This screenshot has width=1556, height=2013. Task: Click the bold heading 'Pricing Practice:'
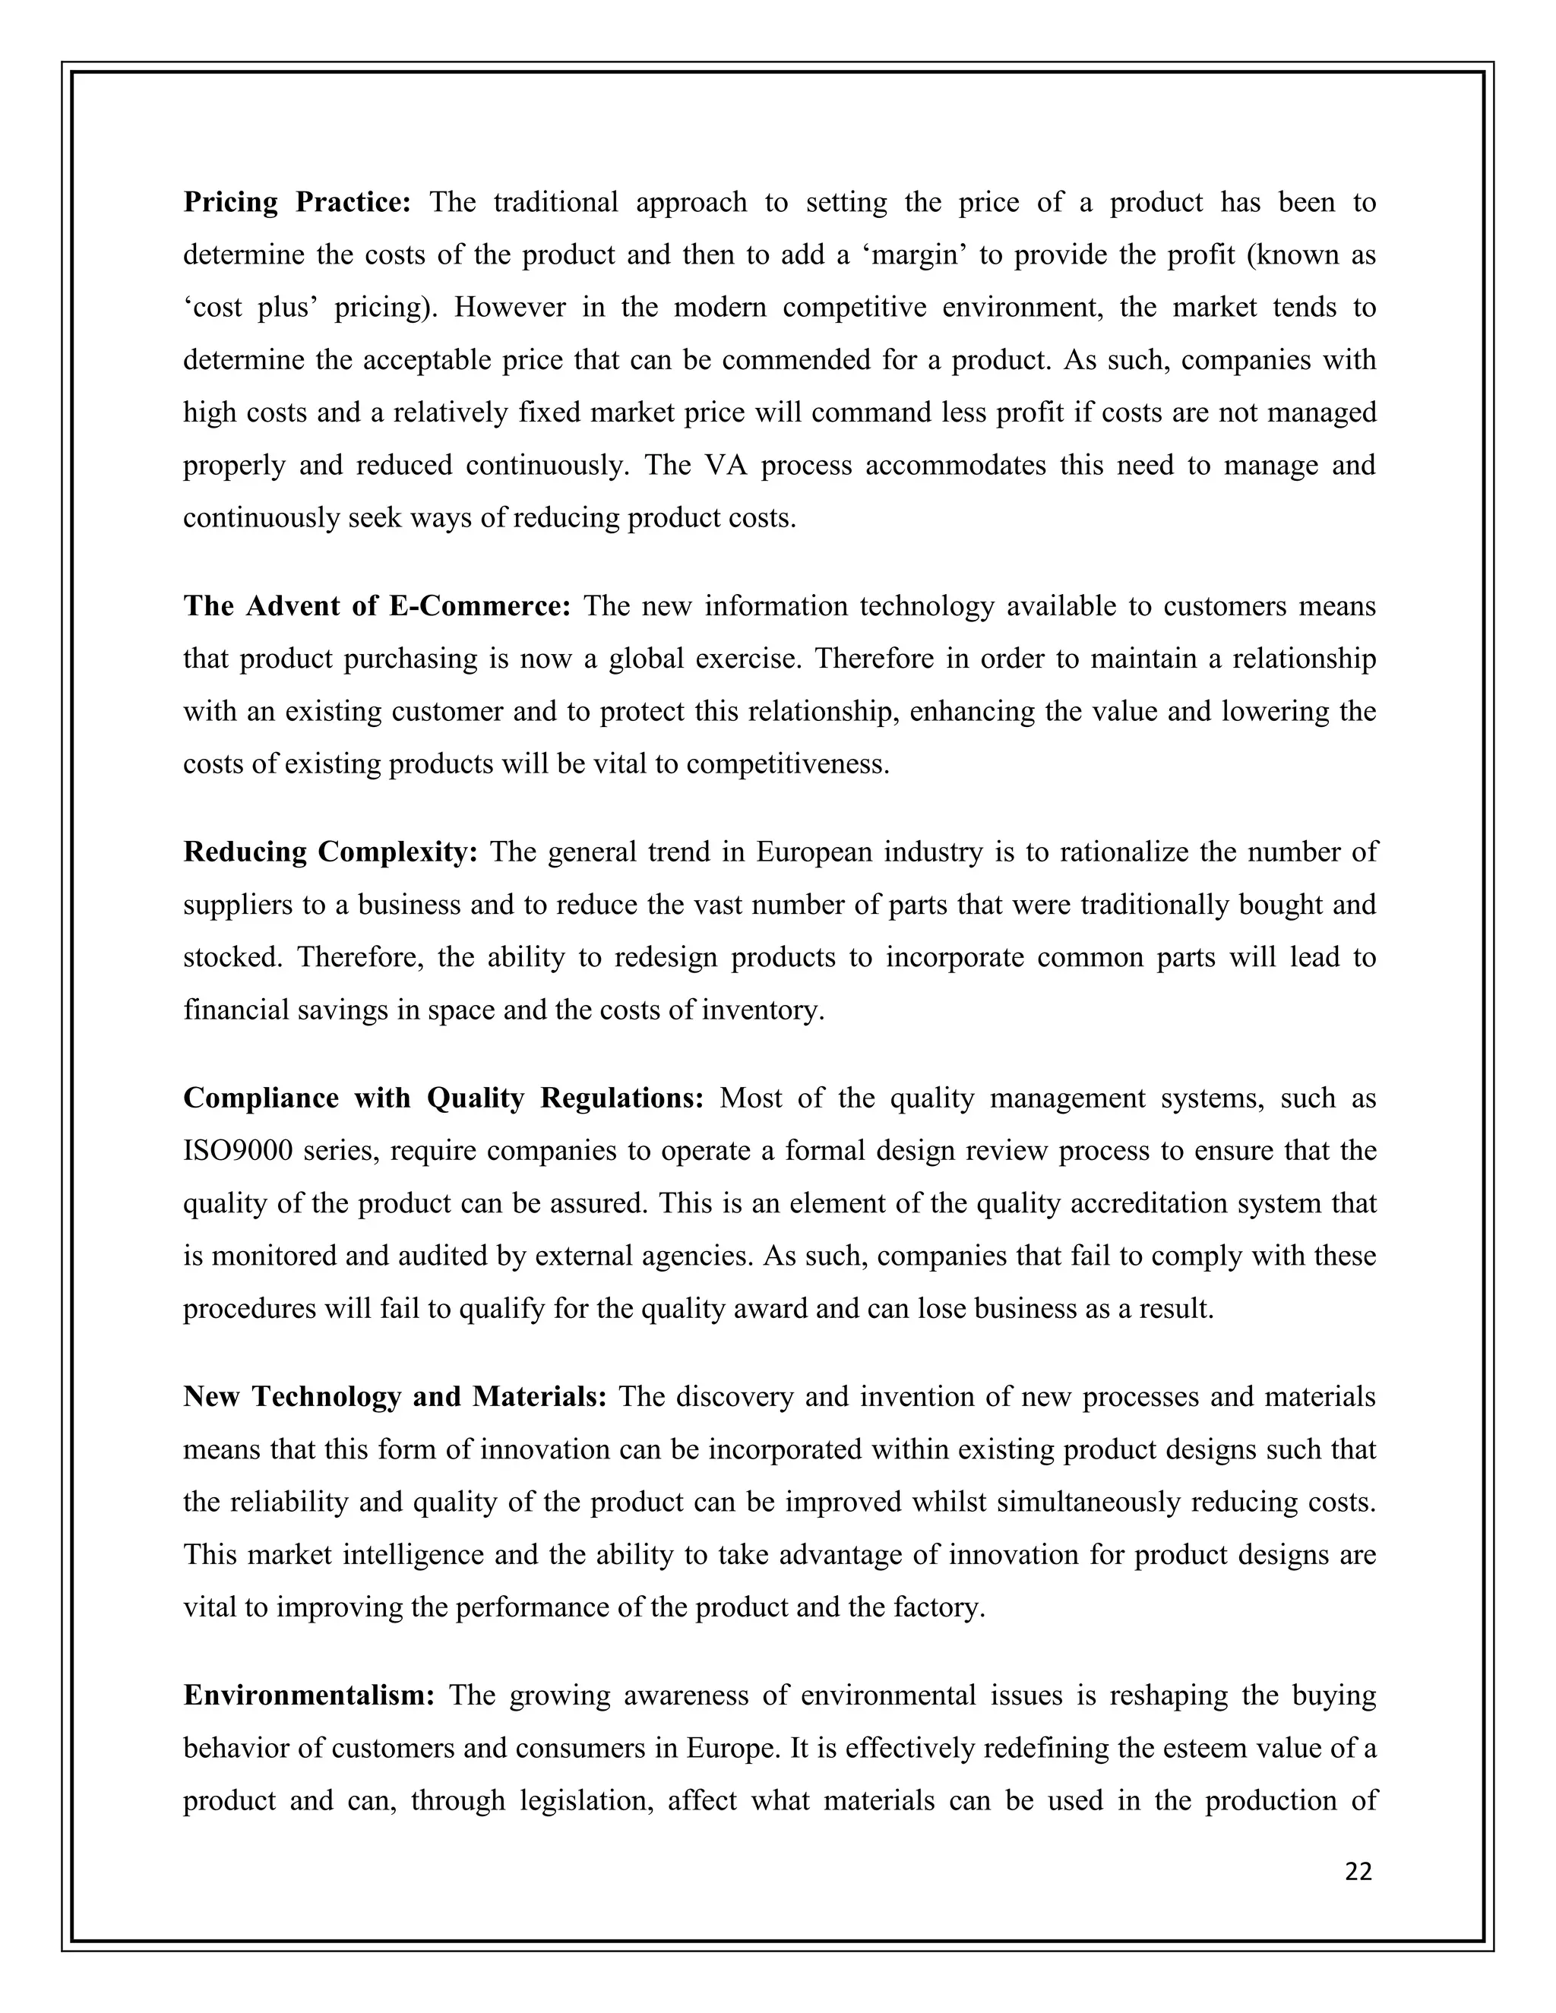tap(297, 202)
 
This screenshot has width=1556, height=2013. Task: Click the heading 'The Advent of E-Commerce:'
tap(377, 605)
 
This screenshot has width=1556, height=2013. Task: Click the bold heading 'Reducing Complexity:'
tap(330, 852)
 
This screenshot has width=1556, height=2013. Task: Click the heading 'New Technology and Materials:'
tap(394, 1396)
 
